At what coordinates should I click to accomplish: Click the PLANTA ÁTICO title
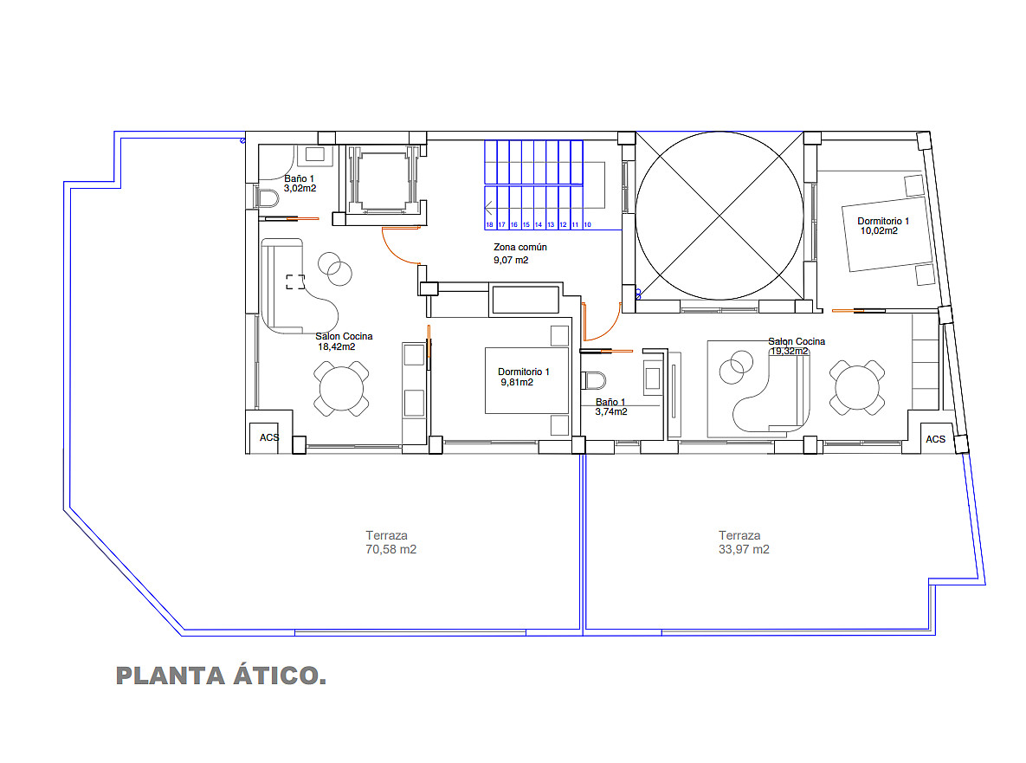tap(221, 676)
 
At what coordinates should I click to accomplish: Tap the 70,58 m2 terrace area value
tap(390, 550)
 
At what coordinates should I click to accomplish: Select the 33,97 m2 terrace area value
tap(744, 550)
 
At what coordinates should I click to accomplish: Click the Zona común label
tap(520, 248)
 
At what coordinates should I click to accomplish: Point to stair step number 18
tap(489, 224)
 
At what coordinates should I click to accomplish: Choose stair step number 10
tap(587, 224)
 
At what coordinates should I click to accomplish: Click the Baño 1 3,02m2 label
tap(300, 184)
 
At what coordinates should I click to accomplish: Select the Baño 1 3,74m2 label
tap(611, 407)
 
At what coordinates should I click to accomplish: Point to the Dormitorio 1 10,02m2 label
tap(882, 226)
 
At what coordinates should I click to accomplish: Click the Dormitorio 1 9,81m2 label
tap(524, 377)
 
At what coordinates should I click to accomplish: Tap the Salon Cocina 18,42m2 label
tap(344, 341)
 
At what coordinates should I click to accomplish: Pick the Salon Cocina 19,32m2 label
tap(797, 346)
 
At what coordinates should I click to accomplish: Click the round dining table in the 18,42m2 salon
tap(341, 389)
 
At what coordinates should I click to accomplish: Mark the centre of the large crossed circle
tap(719, 216)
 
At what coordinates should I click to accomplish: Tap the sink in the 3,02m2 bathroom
tap(315, 155)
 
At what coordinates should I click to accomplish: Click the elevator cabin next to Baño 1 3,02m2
tap(384, 181)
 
